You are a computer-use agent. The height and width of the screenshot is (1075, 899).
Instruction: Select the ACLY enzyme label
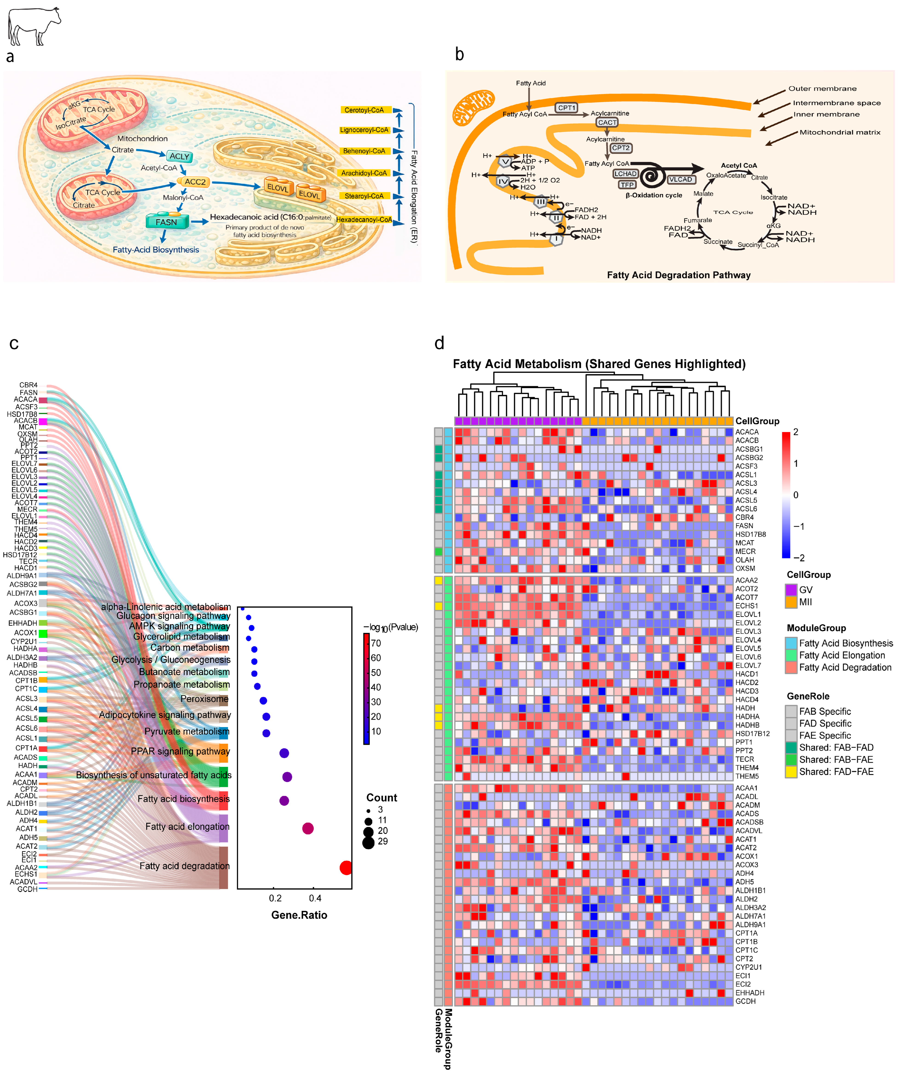coord(179,156)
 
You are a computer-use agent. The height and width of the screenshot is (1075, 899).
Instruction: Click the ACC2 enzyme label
coord(194,182)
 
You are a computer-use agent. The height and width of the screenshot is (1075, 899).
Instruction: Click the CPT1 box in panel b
coord(567,107)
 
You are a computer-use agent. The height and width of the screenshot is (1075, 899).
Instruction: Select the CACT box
coord(607,122)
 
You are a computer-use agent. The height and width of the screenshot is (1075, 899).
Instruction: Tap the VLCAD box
coord(680,179)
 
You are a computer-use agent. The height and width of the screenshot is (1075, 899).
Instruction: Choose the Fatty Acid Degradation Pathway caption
coord(678,275)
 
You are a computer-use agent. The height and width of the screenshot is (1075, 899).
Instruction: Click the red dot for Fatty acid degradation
coord(346,868)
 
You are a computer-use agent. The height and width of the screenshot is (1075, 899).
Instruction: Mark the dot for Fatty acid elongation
coord(308,828)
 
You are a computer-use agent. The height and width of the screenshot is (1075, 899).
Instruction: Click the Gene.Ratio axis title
coord(299,915)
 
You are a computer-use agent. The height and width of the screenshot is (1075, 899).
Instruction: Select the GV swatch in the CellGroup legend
coord(791,590)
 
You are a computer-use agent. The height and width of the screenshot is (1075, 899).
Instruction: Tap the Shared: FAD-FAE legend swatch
coord(791,772)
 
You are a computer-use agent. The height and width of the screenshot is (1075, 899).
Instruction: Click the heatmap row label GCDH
coord(746,1001)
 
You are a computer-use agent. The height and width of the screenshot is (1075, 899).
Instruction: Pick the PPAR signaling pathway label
coord(180,752)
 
